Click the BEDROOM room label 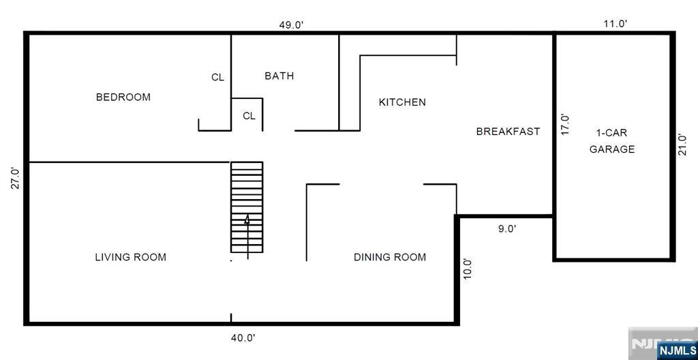[x=123, y=97]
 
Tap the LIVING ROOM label [x=130, y=257]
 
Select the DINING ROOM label [x=389, y=257]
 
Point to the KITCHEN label [x=402, y=102]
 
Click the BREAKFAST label [x=508, y=132]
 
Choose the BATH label [x=279, y=76]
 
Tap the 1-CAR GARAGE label [x=611, y=140]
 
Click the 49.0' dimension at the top [x=291, y=25]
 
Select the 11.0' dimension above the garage [x=616, y=24]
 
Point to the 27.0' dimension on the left [x=16, y=178]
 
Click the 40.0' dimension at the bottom [x=243, y=338]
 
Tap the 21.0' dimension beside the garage [x=682, y=145]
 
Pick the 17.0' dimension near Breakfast [x=565, y=125]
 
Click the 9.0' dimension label [x=507, y=229]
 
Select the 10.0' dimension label [x=467, y=269]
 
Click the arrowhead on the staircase [x=247, y=220]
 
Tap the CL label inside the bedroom [x=217, y=78]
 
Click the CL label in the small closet [x=249, y=116]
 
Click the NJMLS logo [x=678, y=349]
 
